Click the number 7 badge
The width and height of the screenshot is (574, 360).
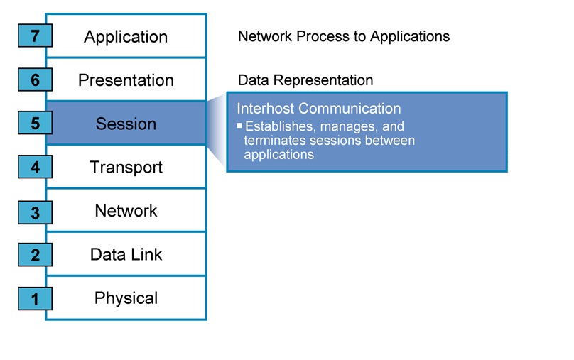(35, 37)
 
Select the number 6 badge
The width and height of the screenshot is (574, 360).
(35, 80)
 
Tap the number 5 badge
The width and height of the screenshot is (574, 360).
(35, 124)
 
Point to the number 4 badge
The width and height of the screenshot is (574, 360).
(35, 168)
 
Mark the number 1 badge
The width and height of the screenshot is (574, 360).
(35, 299)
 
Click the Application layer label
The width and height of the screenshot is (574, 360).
(126, 37)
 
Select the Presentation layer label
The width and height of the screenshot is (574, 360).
(126, 80)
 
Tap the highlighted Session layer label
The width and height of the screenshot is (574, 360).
(126, 124)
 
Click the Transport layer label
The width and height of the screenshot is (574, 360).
(126, 168)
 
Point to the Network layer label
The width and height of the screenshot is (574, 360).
(126, 211)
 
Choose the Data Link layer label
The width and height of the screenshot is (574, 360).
(126, 254)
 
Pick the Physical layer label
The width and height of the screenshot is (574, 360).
(126, 298)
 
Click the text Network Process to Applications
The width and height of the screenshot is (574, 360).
(343, 36)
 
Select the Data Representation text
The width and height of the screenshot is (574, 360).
(305, 80)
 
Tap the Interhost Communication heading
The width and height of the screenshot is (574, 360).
(318, 109)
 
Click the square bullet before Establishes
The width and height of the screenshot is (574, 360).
(239, 125)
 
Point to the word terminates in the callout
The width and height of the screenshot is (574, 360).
(273, 141)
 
